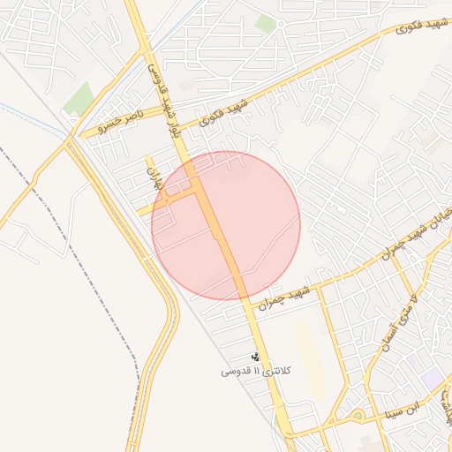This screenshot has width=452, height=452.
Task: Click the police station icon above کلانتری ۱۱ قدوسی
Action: click(256, 358)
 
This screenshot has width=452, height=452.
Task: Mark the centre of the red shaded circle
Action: click(226, 226)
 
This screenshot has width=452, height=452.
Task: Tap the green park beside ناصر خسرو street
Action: click(78, 100)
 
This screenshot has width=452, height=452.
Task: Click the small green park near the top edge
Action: click(265, 24)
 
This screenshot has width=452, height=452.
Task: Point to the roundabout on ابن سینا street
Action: click(358, 414)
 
